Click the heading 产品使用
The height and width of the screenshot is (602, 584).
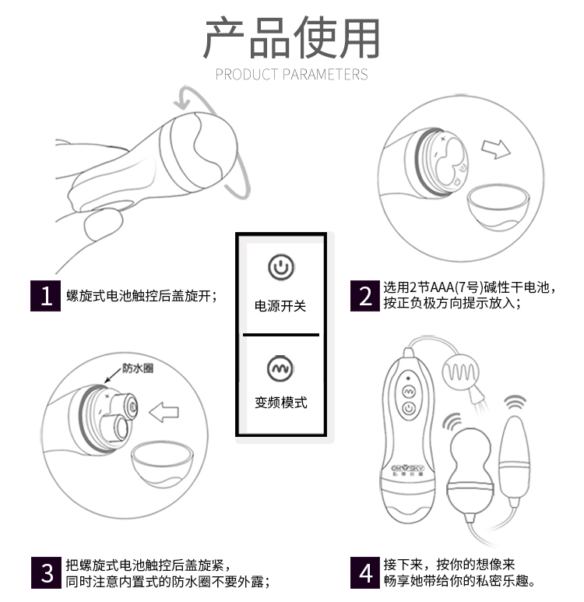[292, 37]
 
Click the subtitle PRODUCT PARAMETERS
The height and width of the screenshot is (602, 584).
[291, 74]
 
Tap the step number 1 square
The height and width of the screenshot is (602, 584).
[45, 296]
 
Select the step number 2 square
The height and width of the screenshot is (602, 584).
[364, 296]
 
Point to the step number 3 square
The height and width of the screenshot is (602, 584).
[46, 572]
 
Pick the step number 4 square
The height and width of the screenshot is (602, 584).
[365, 572]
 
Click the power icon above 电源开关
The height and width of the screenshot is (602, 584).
[281, 267]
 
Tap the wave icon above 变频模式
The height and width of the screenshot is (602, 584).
[280, 368]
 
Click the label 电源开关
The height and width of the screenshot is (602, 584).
[280, 306]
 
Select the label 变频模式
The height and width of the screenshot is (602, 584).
[281, 403]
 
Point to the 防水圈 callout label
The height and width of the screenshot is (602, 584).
[138, 368]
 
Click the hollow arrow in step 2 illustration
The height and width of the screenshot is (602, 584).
[496, 149]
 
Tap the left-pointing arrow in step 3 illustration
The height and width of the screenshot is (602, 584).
[164, 412]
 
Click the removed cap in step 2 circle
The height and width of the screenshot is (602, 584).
[498, 207]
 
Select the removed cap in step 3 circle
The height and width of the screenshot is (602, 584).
[162, 465]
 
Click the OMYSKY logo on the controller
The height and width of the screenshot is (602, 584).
[408, 468]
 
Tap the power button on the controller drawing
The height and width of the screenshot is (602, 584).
[409, 409]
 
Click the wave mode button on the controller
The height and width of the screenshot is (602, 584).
[408, 391]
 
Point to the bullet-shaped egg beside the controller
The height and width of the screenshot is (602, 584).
[515, 457]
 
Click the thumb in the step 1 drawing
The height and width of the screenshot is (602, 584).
[103, 224]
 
